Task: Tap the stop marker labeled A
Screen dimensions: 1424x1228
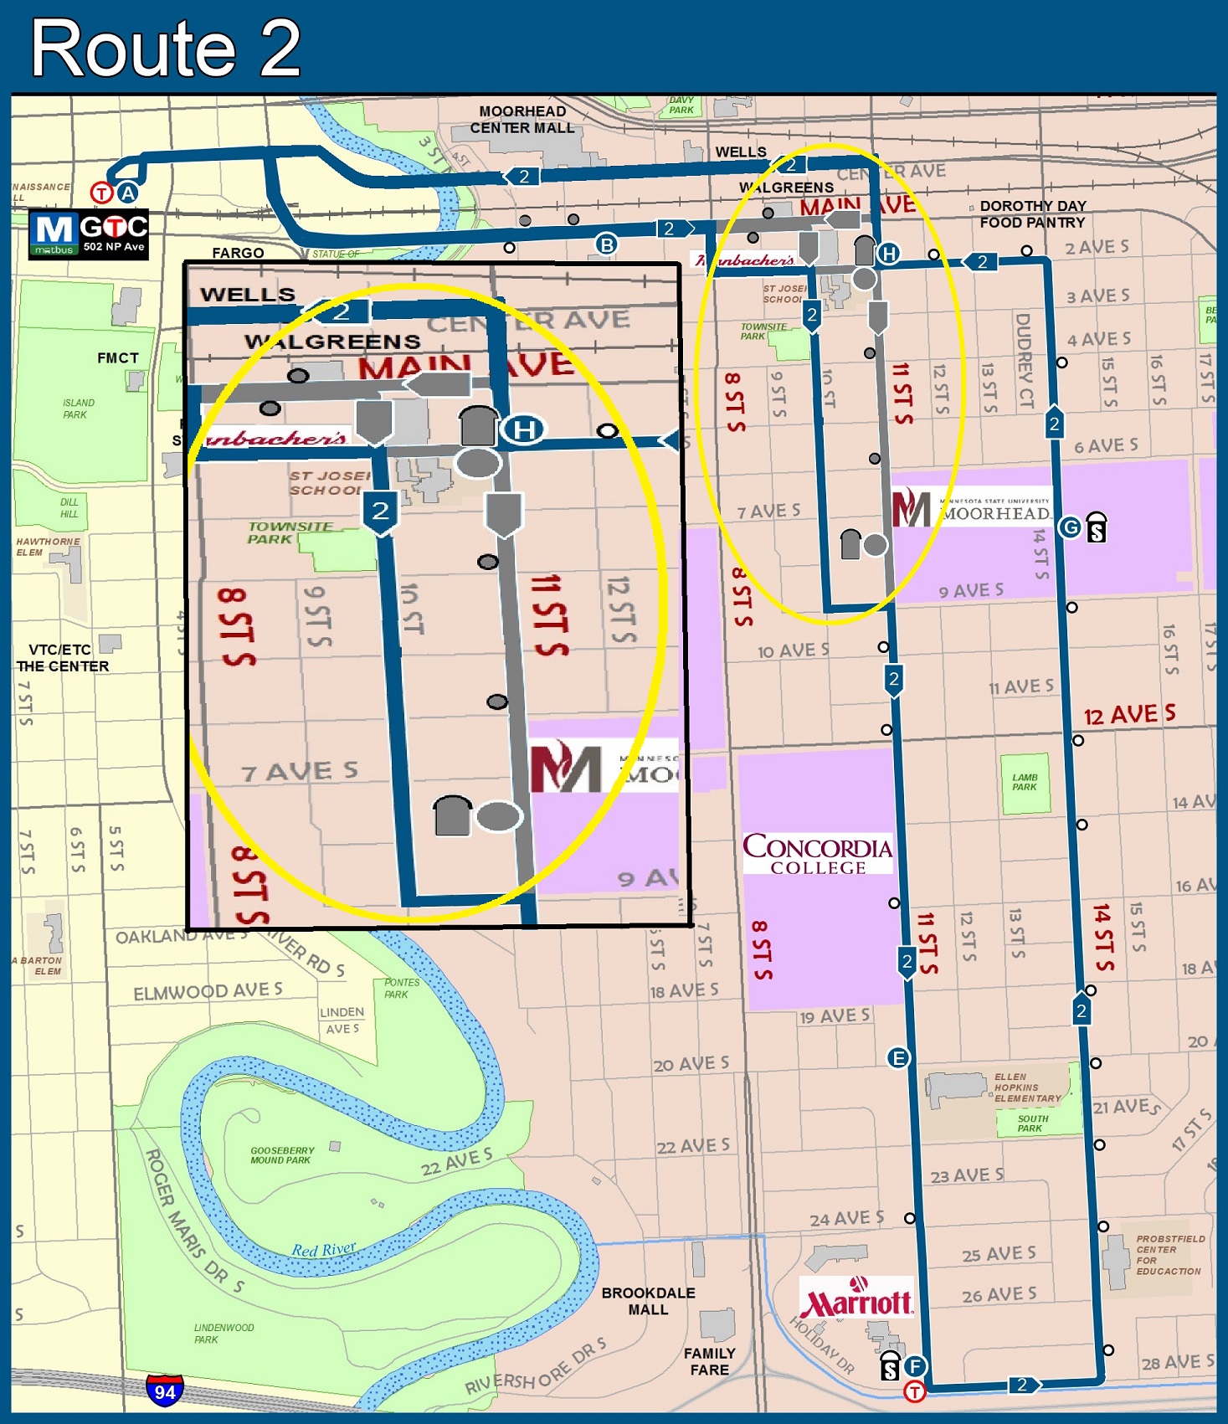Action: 127,193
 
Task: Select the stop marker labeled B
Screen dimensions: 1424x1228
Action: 606,244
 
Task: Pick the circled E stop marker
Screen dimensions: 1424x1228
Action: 898,1058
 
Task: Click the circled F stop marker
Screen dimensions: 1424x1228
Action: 915,1366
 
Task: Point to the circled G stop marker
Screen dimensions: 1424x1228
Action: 1070,527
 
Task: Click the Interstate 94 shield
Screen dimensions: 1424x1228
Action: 165,1391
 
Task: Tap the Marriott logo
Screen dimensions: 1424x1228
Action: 855,1300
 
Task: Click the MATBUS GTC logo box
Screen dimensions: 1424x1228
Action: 89,234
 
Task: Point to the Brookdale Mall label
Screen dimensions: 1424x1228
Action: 648,1301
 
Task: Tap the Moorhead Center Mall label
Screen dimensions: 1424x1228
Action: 522,120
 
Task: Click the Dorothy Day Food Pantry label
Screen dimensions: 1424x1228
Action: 1032,214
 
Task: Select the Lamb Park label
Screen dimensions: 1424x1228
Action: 1025,782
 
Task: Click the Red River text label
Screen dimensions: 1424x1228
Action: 324,1250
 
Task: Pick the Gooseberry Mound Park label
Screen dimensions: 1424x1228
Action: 282,1155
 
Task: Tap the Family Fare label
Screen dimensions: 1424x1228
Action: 709,1361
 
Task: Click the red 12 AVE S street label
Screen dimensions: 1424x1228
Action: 1129,715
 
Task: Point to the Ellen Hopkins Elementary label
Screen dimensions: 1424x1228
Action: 1027,1087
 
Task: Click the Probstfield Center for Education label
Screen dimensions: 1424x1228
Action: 1169,1254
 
